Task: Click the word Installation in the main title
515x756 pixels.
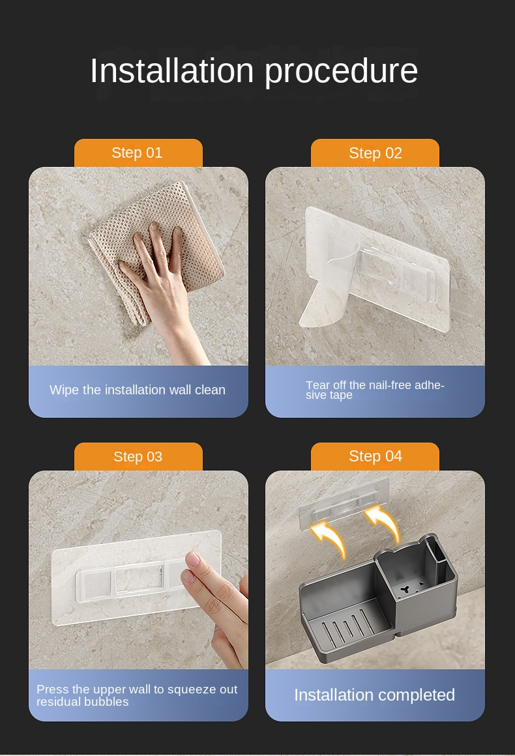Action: (171, 70)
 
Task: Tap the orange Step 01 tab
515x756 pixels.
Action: (138, 153)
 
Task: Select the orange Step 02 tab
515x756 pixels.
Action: (375, 153)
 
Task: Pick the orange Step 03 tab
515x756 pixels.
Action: (138, 457)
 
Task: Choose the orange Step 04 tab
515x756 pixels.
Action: (375, 457)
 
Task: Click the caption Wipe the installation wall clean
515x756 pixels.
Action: (138, 390)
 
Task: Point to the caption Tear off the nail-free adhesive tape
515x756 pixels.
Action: (375, 390)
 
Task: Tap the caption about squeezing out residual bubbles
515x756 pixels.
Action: (137, 695)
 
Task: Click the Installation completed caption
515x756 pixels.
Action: (375, 695)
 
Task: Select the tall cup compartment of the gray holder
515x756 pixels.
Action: (417, 579)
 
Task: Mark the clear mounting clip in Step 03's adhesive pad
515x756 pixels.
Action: (130, 577)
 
